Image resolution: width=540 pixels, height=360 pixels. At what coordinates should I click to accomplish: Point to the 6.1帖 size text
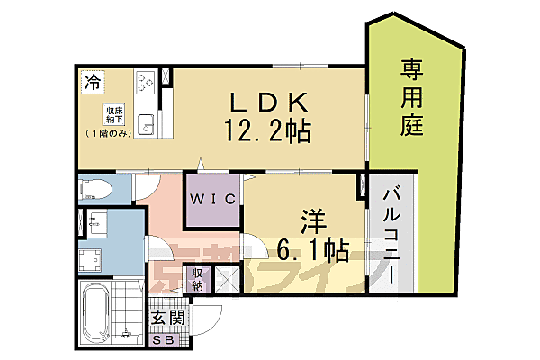click(312, 249)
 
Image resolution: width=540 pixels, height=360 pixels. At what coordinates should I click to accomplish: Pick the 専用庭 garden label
click(412, 97)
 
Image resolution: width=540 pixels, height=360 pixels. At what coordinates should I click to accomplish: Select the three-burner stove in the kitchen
click(146, 83)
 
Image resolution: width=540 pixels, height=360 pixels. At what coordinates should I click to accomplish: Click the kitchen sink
click(148, 124)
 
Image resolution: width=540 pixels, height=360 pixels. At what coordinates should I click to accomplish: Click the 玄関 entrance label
click(166, 319)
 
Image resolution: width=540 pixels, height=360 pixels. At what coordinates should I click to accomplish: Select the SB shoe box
click(166, 339)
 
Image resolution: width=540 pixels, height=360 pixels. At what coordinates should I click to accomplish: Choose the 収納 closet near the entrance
click(197, 280)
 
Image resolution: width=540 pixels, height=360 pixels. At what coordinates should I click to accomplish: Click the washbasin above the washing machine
click(94, 223)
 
